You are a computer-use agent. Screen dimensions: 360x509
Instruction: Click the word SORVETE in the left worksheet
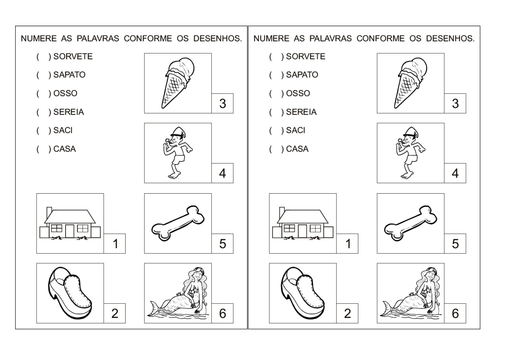pyautogui.click(x=73, y=57)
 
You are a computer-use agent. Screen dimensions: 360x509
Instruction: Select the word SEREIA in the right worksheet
pyautogui.click(x=301, y=112)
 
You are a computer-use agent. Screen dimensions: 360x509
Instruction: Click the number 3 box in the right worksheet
pyautogui.click(x=455, y=103)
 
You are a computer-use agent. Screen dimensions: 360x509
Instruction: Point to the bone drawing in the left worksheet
pyautogui.click(x=178, y=224)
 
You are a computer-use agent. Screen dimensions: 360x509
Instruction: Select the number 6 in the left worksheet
pyautogui.click(x=222, y=313)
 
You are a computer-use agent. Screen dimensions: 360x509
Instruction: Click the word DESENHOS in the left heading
pyautogui.click(x=218, y=39)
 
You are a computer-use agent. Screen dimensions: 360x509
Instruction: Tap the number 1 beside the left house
pyautogui.click(x=115, y=244)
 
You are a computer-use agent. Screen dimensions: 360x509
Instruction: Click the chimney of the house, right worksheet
pyautogui.click(x=282, y=211)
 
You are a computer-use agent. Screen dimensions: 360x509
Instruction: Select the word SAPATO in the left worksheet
pyautogui.click(x=69, y=75)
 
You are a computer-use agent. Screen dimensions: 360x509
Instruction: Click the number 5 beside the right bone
pyautogui.click(x=455, y=244)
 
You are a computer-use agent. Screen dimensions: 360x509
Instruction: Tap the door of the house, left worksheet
pyautogui.click(x=70, y=231)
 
